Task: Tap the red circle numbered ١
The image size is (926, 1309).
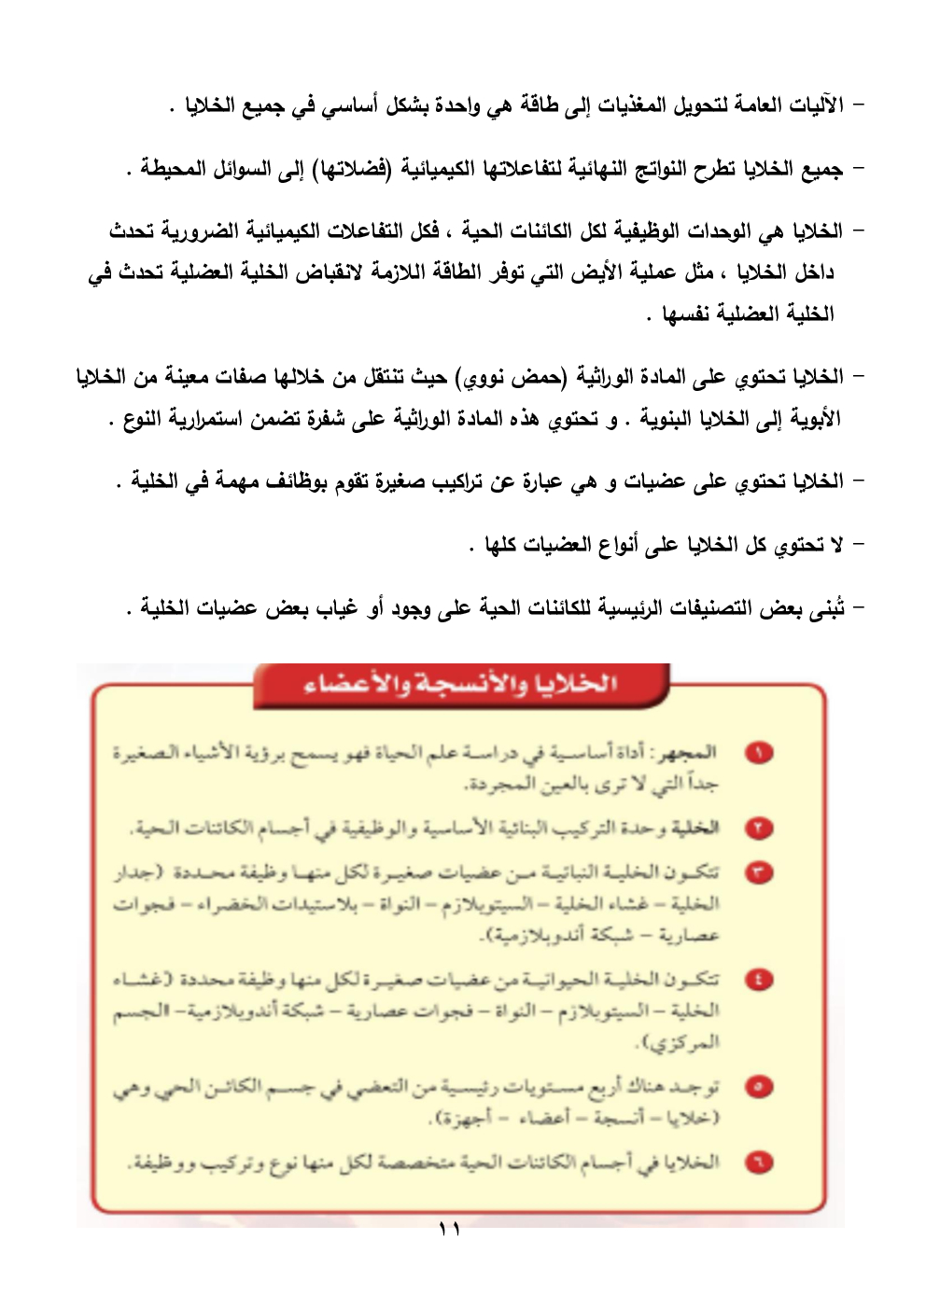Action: click(x=760, y=753)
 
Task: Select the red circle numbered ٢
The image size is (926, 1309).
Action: click(x=760, y=828)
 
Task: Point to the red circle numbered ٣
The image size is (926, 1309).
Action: click(x=760, y=873)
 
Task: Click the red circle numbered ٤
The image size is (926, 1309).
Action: click(x=760, y=980)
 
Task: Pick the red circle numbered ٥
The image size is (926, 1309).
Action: click(x=760, y=1087)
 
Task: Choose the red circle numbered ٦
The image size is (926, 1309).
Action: click(x=760, y=1163)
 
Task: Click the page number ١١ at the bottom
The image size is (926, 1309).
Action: click(x=449, y=1230)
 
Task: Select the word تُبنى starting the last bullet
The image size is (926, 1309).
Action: click(x=826, y=607)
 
